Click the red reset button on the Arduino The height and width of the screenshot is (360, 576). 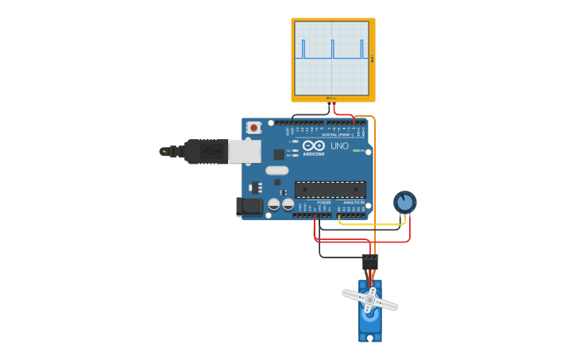[253, 127]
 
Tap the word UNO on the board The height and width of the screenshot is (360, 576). [339, 146]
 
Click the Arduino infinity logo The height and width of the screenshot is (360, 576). [314, 145]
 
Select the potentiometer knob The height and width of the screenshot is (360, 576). [404, 202]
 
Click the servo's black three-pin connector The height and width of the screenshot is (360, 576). [369, 260]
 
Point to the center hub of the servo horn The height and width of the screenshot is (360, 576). [369, 300]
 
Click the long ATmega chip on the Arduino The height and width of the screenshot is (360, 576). [331, 189]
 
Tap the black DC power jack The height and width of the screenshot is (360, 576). [249, 207]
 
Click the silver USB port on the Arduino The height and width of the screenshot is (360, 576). [245, 151]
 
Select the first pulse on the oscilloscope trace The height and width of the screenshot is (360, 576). [303, 49]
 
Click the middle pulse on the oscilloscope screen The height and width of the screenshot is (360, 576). [332, 49]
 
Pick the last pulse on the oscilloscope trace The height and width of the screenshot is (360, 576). [361, 49]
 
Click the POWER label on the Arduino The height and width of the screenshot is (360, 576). [323, 203]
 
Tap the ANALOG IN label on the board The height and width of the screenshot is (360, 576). [354, 203]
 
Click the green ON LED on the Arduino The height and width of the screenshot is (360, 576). [358, 150]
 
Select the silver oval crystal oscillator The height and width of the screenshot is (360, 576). [276, 170]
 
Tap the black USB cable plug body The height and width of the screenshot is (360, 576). [207, 151]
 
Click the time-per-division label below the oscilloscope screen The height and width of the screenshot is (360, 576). [331, 98]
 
